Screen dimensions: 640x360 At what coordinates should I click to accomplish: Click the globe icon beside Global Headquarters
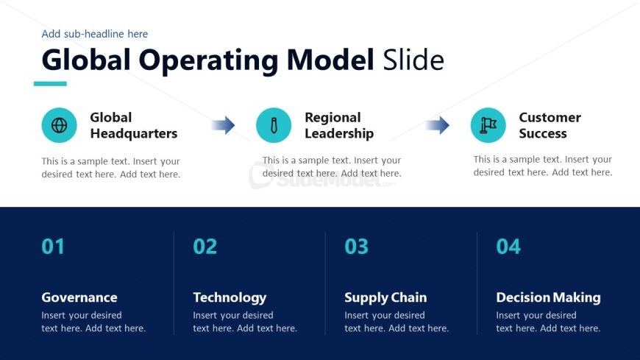[x=59, y=125]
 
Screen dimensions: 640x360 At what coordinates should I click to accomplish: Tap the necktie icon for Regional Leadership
[x=274, y=125]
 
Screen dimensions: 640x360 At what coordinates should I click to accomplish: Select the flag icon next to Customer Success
[x=488, y=125]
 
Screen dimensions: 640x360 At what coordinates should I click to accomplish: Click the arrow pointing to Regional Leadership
[x=223, y=125]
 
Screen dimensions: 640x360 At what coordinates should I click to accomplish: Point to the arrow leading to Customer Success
[x=437, y=125]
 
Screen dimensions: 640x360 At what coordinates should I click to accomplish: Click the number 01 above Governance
[x=53, y=247]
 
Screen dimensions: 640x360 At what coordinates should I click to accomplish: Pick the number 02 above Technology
[x=205, y=247]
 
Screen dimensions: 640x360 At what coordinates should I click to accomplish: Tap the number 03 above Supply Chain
[x=356, y=247]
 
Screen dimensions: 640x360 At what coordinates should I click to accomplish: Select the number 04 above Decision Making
[x=508, y=247]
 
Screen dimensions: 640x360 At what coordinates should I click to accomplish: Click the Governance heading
[x=79, y=297]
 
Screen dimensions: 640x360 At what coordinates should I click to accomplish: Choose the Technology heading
[x=230, y=298]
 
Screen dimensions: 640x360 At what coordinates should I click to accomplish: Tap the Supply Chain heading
[x=385, y=298]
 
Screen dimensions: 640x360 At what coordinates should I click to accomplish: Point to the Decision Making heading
[x=548, y=298]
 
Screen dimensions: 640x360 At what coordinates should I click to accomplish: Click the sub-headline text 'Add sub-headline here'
[x=95, y=34]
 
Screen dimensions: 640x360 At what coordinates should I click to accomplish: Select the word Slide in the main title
[x=413, y=60]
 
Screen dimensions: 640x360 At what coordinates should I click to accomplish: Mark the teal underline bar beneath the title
[x=50, y=84]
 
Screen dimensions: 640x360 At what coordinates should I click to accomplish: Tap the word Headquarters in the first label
[x=133, y=134]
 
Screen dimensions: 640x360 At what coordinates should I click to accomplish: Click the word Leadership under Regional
[x=339, y=134]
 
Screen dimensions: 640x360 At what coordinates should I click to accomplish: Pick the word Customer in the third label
[x=550, y=118]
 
